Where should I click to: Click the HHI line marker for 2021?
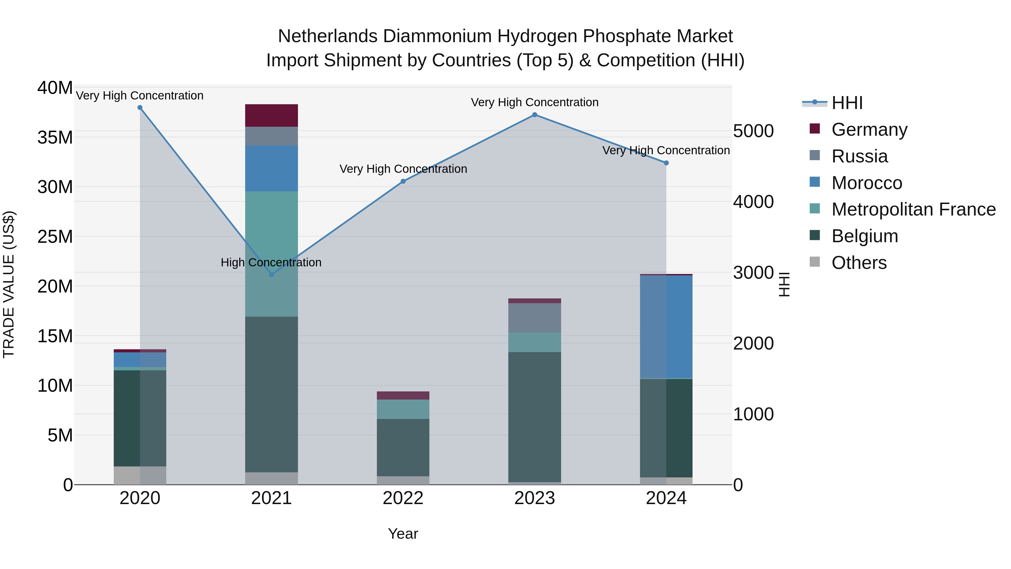point(271,274)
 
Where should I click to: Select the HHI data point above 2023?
point(534,115)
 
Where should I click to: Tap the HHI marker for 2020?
point(140,108)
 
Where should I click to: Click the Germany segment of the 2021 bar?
point(271,115)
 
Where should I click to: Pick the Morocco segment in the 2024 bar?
point(666,327)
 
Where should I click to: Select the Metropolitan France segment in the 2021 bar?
point(271,254)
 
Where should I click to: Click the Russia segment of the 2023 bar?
point(534,318)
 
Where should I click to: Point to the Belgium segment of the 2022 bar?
point(403,447)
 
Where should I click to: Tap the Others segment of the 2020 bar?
point(140,475)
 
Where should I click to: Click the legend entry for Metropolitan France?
point(913,209)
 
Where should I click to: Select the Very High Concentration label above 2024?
point(666,150)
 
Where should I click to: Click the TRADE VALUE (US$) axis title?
point(9,284)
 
